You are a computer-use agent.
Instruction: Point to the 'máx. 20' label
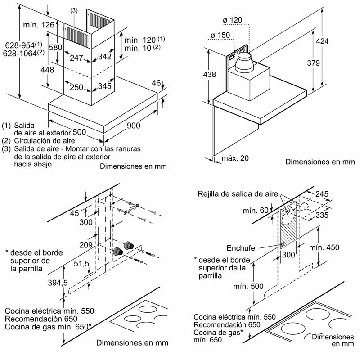(x=235, y=158)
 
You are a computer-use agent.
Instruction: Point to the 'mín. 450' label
(x=324, y=248)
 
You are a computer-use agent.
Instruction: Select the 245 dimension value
(x=321, y=194)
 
